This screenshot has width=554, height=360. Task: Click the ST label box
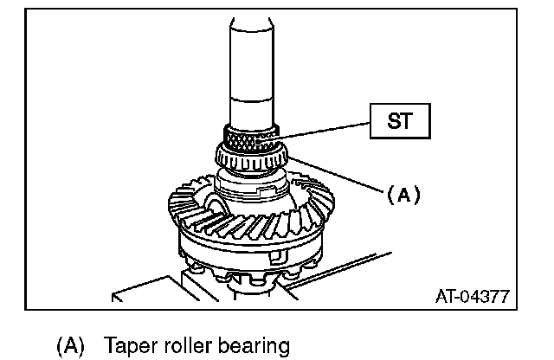pyautogui.click(x=399, y=122)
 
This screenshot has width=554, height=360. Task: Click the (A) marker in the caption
pyautogui.click(x=70, y=347)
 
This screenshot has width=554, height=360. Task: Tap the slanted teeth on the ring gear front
pyautogui.click(x=234, y=227)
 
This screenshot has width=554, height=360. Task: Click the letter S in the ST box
pyautogui.click(x=391, y=122)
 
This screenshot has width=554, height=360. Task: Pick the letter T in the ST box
pyautogui.click(x=407, y=122)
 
